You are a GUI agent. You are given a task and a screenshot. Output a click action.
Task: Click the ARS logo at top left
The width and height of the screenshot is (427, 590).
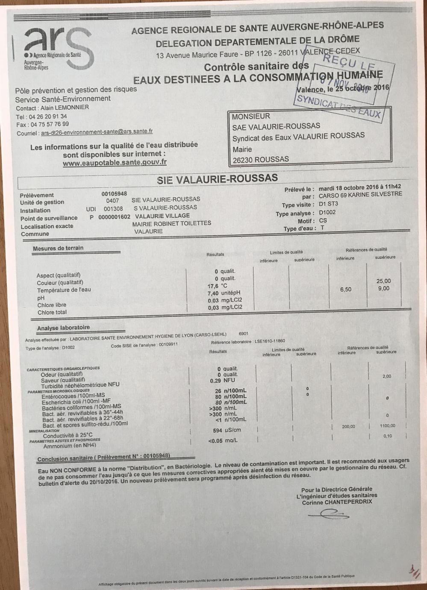[58, 48]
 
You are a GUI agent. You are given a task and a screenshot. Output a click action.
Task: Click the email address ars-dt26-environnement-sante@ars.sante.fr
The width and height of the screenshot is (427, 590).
[97, 132]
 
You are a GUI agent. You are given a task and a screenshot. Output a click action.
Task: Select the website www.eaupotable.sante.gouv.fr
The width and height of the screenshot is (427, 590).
[115, 162]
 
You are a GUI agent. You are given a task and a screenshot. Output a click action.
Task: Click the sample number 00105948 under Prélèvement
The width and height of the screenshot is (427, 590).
[114, 194]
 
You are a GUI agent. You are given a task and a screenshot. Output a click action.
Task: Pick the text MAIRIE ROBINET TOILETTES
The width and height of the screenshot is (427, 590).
[172, 224]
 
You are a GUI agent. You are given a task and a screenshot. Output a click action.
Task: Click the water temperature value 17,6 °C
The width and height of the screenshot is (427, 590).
[218, 286]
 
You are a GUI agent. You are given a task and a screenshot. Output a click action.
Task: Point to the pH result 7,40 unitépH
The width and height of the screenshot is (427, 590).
[224, 293]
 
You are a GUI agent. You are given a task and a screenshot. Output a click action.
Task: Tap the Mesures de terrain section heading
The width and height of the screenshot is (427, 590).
[58, 248]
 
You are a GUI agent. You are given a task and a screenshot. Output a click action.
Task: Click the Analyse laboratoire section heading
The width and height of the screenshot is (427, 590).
[63, 328]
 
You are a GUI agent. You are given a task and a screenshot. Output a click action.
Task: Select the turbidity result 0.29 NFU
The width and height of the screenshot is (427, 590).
[223, 380]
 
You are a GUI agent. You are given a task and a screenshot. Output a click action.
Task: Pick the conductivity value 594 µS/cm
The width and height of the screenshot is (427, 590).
[227, 430]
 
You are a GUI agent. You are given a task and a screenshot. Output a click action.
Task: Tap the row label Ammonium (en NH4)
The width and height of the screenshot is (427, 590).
[70, 446]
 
